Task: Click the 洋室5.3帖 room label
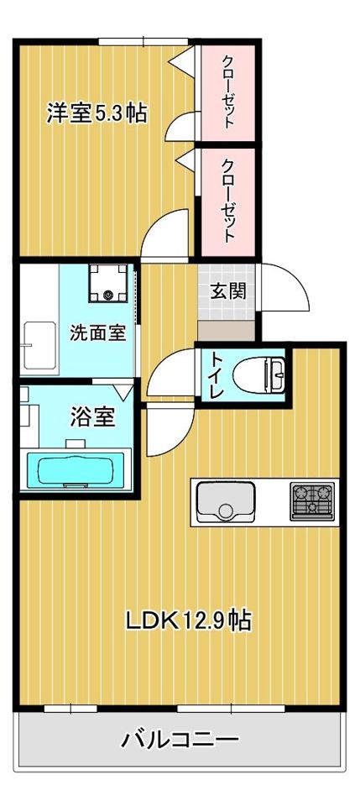(97, 113)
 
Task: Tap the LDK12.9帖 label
(190, 621)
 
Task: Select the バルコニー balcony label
(180, 740)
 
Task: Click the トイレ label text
(216, 374)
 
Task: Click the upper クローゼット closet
(228, 90)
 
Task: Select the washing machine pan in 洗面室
(112, 284)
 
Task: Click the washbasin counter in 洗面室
(39, 344)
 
